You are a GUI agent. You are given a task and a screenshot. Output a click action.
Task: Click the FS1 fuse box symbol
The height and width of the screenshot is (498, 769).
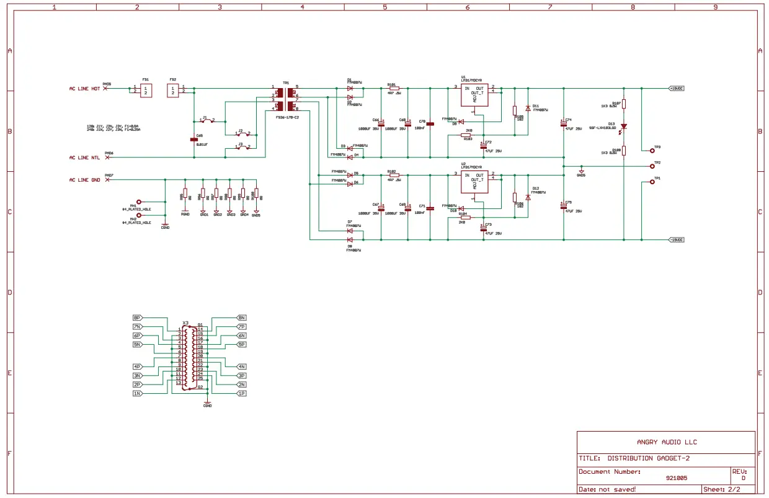tap(145, 91)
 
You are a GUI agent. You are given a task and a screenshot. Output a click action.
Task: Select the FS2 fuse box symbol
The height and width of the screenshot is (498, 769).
tap(173, 91)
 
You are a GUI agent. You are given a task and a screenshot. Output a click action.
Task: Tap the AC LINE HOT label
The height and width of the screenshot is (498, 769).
tap(84, 89)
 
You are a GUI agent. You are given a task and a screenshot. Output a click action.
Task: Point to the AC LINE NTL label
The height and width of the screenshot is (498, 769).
tap(84, 158)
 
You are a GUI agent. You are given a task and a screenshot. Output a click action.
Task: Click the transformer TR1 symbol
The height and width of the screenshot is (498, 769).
tap(285, 99)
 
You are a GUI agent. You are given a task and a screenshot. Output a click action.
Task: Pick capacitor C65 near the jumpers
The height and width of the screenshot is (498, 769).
tap(193, 140)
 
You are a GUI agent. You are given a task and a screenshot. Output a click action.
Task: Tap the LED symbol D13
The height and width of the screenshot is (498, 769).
tap(624, 127)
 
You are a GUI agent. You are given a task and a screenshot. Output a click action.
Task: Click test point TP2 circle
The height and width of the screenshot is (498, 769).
tap(652, 166)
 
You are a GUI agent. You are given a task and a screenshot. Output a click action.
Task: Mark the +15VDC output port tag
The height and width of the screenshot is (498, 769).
tap(676, 89)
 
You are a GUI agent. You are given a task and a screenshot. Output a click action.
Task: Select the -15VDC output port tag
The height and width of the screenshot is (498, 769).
tap(676, 239)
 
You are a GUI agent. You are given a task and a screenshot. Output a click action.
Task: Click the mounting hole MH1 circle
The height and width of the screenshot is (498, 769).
tap(139, 202)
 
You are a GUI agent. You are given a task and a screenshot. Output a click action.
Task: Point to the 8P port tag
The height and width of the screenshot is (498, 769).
tap(137, 318)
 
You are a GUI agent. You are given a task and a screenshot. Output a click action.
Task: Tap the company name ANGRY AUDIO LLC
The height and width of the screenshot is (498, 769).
tap(667, 442)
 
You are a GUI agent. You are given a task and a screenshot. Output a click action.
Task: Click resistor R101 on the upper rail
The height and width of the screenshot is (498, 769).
tap(394, 89)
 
